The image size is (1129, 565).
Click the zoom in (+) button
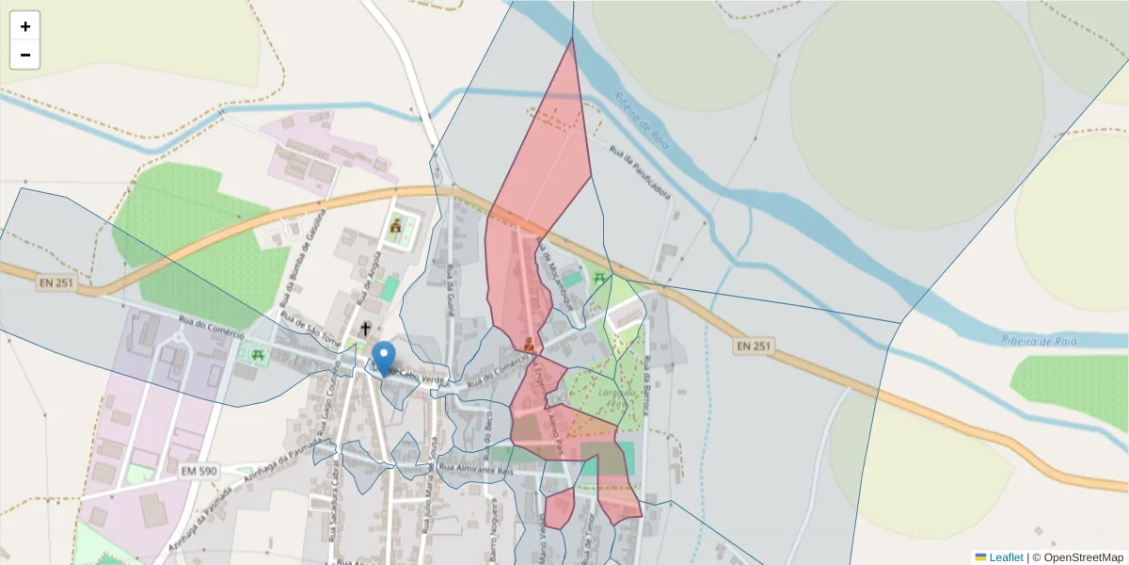point(25,26)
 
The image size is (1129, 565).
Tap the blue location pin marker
point(384,357)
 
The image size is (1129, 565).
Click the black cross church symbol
point(365,330)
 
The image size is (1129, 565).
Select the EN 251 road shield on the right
point(754,347)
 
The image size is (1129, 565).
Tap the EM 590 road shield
point(199,470)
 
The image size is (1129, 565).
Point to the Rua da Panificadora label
point(640,171)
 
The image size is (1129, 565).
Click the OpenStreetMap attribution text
point(1082,557)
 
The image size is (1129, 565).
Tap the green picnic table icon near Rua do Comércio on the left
point(257,355)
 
